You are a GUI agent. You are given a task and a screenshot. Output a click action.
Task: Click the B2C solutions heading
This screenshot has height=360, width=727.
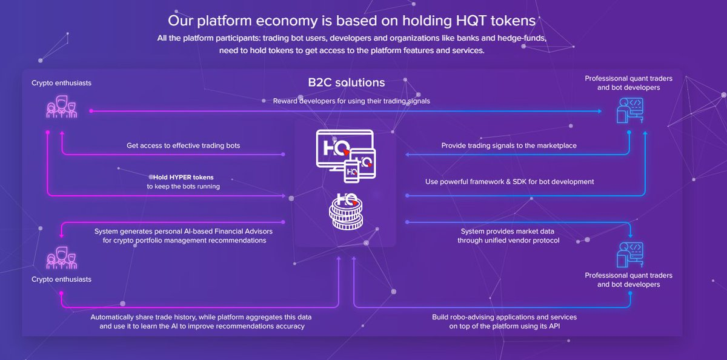[x=346, y=82]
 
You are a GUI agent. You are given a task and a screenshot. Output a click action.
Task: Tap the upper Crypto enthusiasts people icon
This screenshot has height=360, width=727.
[x=61, y=108]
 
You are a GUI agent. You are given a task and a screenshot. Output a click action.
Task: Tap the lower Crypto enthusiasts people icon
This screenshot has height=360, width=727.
[x=61, y=258]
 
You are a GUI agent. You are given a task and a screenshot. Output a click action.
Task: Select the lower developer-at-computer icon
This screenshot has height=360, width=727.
[x=629, y=255]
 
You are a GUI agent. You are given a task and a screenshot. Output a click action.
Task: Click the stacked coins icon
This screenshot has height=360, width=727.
[x=346, y=212]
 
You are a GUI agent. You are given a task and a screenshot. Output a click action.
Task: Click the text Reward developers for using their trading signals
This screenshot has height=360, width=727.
[x=351, y=101]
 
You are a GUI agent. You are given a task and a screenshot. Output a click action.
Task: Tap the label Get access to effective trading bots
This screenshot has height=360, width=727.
[x=188, y=145]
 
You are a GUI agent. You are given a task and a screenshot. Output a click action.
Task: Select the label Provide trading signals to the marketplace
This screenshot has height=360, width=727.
[x=509, y=145]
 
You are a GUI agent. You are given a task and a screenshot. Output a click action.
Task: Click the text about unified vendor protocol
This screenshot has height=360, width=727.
[x=508, y=236]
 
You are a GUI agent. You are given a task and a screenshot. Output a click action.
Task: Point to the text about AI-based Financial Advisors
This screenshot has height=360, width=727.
[x=184, y=236]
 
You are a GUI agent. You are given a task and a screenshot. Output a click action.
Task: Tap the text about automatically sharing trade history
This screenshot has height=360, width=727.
[x=201, y=321]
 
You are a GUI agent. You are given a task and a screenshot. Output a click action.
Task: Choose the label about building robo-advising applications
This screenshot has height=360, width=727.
[x=504, y=321]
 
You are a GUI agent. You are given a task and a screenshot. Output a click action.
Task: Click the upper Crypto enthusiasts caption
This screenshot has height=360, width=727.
[x=61, y=82]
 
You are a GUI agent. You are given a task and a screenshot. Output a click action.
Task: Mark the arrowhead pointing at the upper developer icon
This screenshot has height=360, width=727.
[x=599, y=111]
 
